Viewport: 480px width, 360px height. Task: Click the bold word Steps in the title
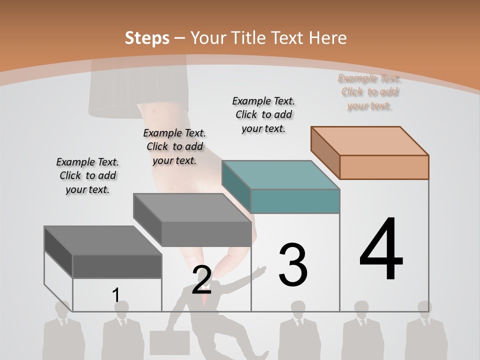(x=146, y=38)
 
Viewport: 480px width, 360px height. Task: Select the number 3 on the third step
(x=293, y=264)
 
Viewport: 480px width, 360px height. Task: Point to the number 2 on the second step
(x=201, y=280)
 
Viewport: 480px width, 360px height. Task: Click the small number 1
(x=116, y=295)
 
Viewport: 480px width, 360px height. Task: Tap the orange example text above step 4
(x=369, y=92)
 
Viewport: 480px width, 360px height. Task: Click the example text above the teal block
(x=263, y=114)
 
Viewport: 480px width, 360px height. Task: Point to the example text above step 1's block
(x=87, y=175)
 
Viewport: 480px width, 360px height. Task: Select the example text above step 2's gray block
(x=174, y=146)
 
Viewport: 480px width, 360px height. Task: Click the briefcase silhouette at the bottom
(x=169, y=343)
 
